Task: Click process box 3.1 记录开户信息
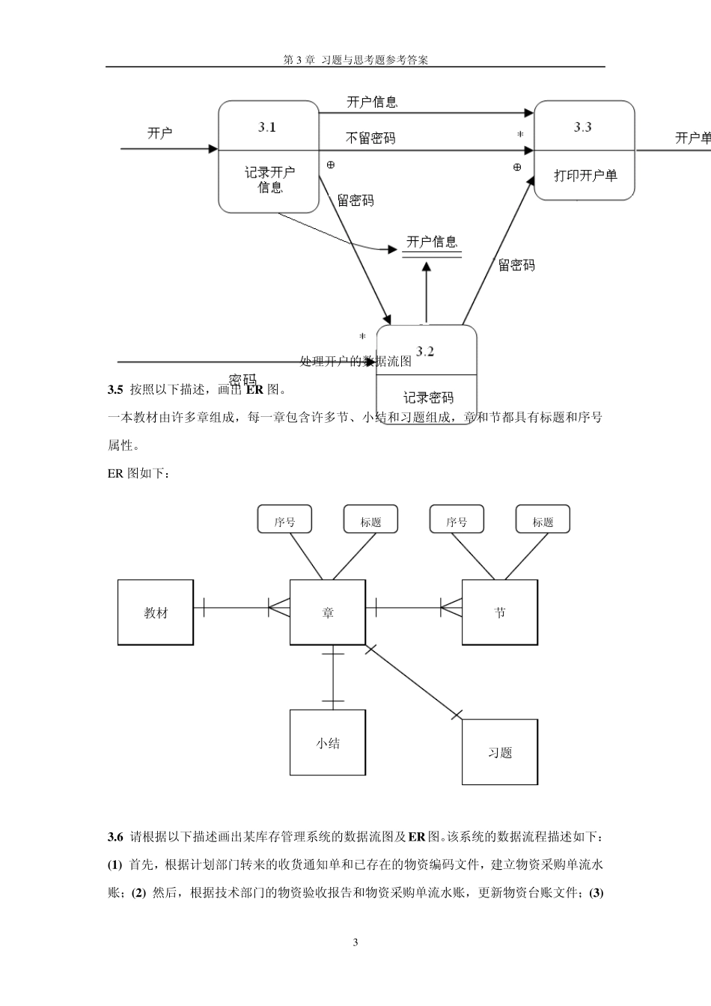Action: pos(269,156)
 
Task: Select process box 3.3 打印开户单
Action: pos(584,150)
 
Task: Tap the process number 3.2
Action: pos(425,352)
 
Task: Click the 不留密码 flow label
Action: pos(370,138)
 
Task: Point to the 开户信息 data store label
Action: pos(432,243)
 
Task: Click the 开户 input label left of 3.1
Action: pos(160,133)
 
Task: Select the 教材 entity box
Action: pos(156,612)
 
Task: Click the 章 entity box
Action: pos(328,612)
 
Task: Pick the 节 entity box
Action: pos(500,612)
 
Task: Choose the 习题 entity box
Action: pos(500,752)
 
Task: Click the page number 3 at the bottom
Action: pos(355,942)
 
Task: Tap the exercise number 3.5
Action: pos(115,389)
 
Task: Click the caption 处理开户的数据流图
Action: pos(355,362)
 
